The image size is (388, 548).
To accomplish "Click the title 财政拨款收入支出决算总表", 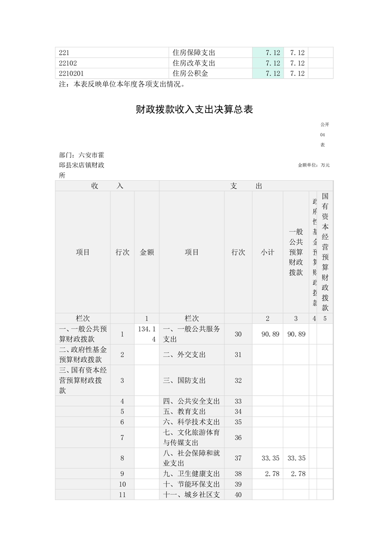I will tap(194, 110).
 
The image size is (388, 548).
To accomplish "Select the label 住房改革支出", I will tap(194, 63).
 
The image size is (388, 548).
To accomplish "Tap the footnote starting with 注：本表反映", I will tap(122, 84).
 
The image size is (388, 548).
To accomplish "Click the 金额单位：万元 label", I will tap(314, 165).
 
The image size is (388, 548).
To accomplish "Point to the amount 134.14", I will tap(147, 334).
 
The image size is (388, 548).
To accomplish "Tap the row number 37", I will tap(238, 458).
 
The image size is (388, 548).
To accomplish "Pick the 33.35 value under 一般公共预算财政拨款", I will tap(296, 458).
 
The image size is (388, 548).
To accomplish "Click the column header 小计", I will tap(268, 253).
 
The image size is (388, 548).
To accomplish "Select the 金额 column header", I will tap(147, 253).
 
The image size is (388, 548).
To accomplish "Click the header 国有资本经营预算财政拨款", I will tap(325, 252).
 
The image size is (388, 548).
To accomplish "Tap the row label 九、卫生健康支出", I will tap(191, 474).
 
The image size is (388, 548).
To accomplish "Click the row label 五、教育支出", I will tap(184, 412).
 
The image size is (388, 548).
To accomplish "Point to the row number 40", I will tap(238, 495).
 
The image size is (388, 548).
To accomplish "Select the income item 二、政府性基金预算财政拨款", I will tap(83, 355).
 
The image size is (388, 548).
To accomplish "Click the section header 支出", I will tap(246, 186).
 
